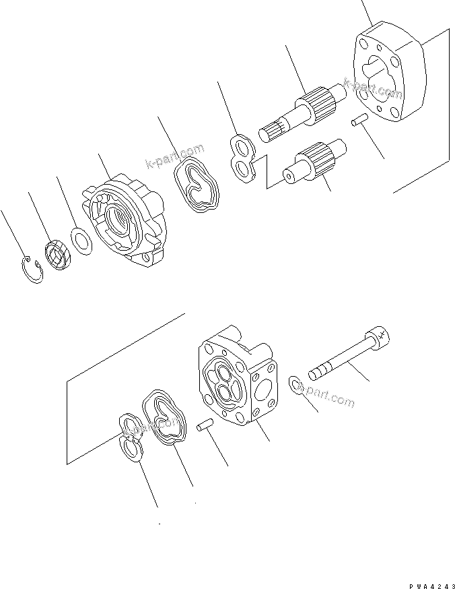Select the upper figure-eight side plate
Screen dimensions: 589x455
point(242,159)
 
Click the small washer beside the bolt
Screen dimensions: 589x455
point(296,385)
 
